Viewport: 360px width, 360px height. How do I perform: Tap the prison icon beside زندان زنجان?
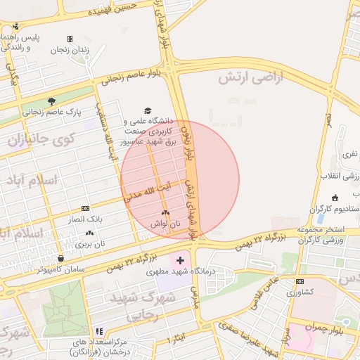(70, 39)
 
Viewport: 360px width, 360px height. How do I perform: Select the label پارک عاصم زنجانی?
(52, 112)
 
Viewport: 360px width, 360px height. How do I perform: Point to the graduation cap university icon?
(148, 110)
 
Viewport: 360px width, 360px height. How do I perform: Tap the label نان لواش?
(166, 224)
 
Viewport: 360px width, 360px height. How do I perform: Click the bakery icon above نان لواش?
(165, 212)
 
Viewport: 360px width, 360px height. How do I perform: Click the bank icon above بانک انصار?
(85, 208)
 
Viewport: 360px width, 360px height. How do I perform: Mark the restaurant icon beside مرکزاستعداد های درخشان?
(99, 331)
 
